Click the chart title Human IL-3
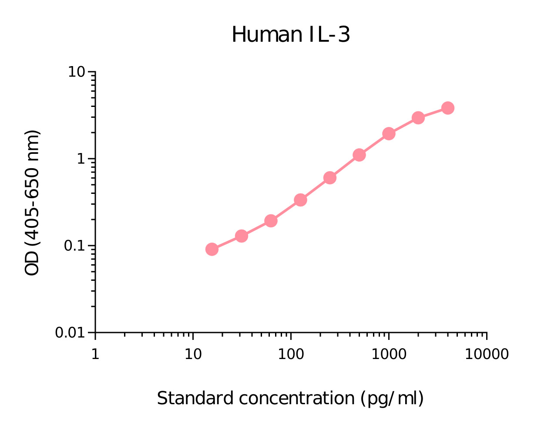point(290,35)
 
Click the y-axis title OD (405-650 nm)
point(32,203)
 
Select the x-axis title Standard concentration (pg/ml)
point(290,398)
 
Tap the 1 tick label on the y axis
point(81,159)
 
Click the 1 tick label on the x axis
point(95,354)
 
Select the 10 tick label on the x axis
point(193,354)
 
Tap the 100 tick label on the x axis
point(291,354)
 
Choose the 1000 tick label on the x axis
point(389,354)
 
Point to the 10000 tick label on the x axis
point(487,354)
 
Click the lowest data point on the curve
point(212,249)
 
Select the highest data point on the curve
point(448,108)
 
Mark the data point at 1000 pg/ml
point(389,133)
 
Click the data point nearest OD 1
point(359,155)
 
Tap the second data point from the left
point(242,236)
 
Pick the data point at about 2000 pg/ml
point(418,118)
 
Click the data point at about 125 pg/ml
point(300,200)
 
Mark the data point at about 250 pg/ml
point(330,178)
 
